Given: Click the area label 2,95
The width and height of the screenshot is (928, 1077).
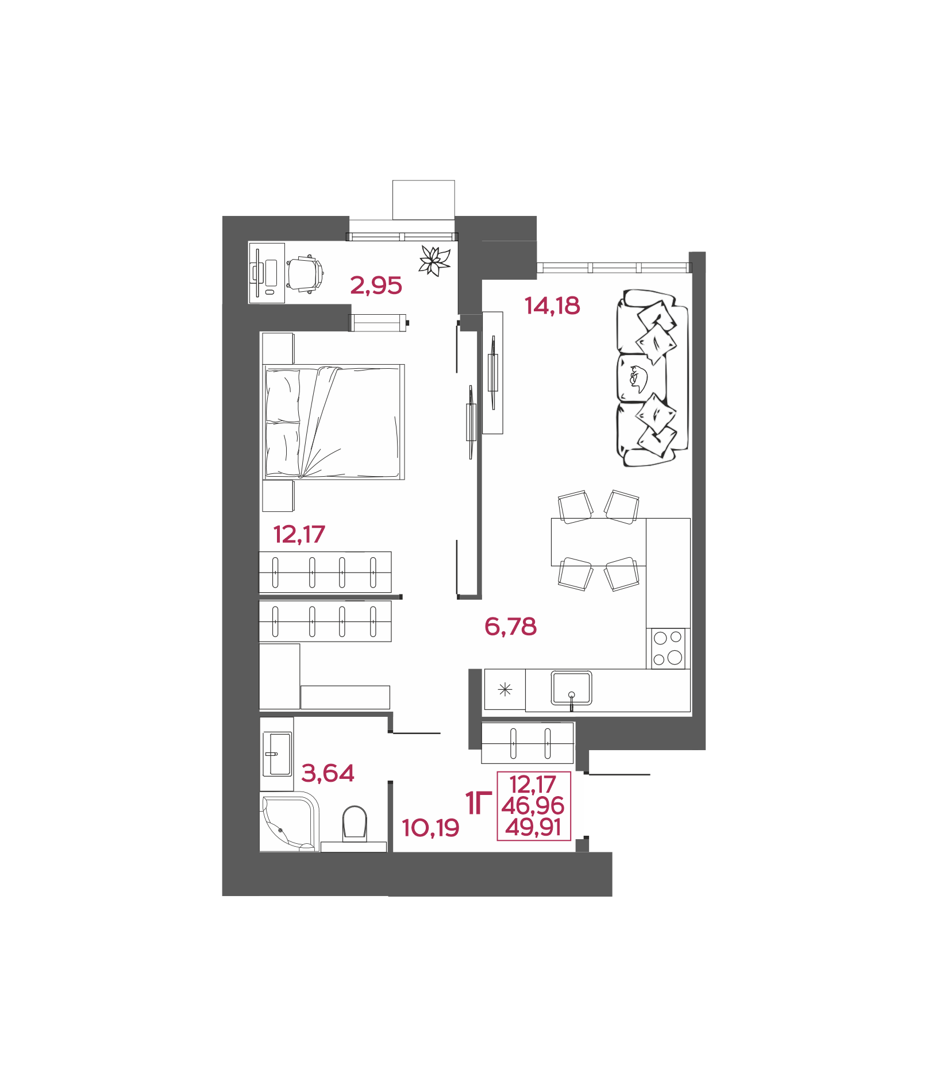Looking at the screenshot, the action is [x=376, y=285].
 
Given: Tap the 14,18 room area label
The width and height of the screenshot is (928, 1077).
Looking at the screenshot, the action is [x=552, y=306].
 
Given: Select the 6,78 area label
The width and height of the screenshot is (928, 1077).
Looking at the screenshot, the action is [x=510, y=626].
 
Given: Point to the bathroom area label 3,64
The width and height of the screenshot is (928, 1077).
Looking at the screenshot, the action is [x=328, y=773].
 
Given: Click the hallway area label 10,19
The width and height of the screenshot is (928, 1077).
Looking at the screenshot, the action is [x=430, y=828].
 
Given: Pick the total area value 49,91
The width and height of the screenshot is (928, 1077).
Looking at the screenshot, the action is [x=533, y=828].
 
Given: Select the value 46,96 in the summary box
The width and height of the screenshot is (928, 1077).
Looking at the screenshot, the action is [x=533, y=806].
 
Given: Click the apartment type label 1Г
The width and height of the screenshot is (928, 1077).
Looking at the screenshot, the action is [x=478, y=803].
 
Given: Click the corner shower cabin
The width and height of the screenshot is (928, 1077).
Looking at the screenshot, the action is [x=289, y=821].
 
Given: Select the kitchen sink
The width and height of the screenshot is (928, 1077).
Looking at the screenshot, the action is [x=571, y=688].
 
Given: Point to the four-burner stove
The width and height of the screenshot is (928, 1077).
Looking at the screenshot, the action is [x=668, y=648].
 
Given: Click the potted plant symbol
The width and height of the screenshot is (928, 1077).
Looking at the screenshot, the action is [x=434, y=261].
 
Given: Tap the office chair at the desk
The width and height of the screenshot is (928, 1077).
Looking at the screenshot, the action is [x=305, y=274].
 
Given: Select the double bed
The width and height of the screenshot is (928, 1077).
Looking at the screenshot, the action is [x=334, y=422].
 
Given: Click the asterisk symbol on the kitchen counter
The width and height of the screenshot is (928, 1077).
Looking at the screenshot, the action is [x=505, y=689].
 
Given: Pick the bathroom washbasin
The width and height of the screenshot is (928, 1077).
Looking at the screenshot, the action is [x=277, y=754].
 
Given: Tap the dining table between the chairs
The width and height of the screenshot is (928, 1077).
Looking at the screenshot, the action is [x=598, y=542].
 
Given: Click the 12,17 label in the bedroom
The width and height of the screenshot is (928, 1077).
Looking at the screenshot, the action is [x=299, y=534].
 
